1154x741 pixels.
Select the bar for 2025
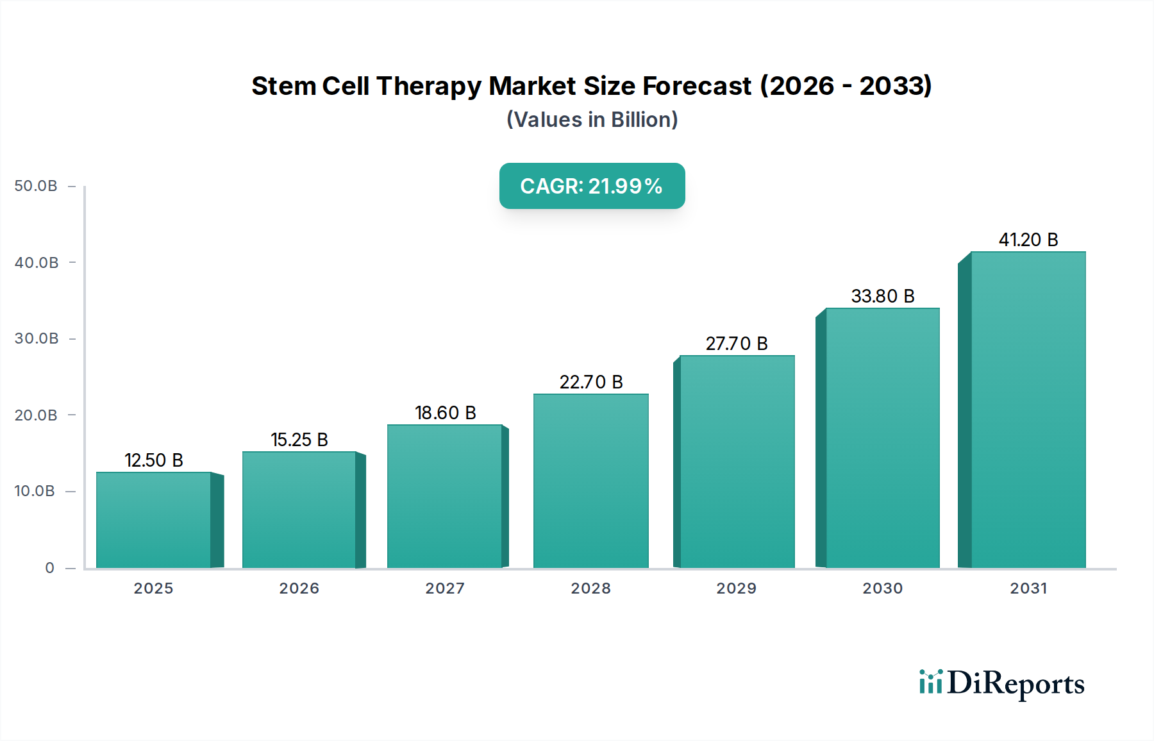[154, 520]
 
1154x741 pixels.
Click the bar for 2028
[590, 481]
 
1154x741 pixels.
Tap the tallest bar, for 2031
[1028, 410]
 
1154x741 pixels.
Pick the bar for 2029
[737, 462]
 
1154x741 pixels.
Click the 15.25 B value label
[299, 440]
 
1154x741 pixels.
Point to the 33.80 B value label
[882, 296]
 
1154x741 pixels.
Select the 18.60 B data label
[445, 413]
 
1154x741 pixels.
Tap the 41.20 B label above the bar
[1028, 240]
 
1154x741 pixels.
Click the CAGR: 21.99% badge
[592, 186]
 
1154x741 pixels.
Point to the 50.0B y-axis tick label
[36, 186]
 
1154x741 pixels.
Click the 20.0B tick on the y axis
[36, 415]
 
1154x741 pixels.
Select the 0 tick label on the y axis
[49, 568]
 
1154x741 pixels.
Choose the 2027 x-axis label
[445, 588]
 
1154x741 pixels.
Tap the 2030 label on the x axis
[882, 588]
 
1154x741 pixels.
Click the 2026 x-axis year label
[299, 588]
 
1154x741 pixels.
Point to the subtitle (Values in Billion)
[592, 120]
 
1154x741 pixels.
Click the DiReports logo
[1001, 683]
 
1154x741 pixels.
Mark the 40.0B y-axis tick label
[36, 263]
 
